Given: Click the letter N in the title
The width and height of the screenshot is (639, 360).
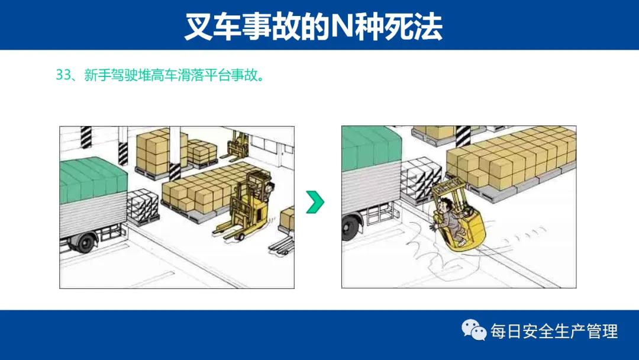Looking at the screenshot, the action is (x=341, y=27).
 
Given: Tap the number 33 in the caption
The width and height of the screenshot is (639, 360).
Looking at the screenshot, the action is (x=63, y=75).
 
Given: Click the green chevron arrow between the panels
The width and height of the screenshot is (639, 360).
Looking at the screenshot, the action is (x=315, y=202).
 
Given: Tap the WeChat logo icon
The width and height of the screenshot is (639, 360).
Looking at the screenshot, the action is (x=474, y=330).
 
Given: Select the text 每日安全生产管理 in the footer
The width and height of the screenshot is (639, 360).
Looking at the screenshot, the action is (x=554, y=331).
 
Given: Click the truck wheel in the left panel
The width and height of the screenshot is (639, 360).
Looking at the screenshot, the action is (x=86, y=243).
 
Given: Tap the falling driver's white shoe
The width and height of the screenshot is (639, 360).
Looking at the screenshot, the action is (x=461, y=243).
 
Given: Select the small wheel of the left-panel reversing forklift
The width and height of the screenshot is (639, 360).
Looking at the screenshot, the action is (x=241, y=237).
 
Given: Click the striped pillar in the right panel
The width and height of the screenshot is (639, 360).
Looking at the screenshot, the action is (x=463, y=137).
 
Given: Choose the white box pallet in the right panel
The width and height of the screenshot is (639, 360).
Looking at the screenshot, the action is (x=419, y=180).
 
